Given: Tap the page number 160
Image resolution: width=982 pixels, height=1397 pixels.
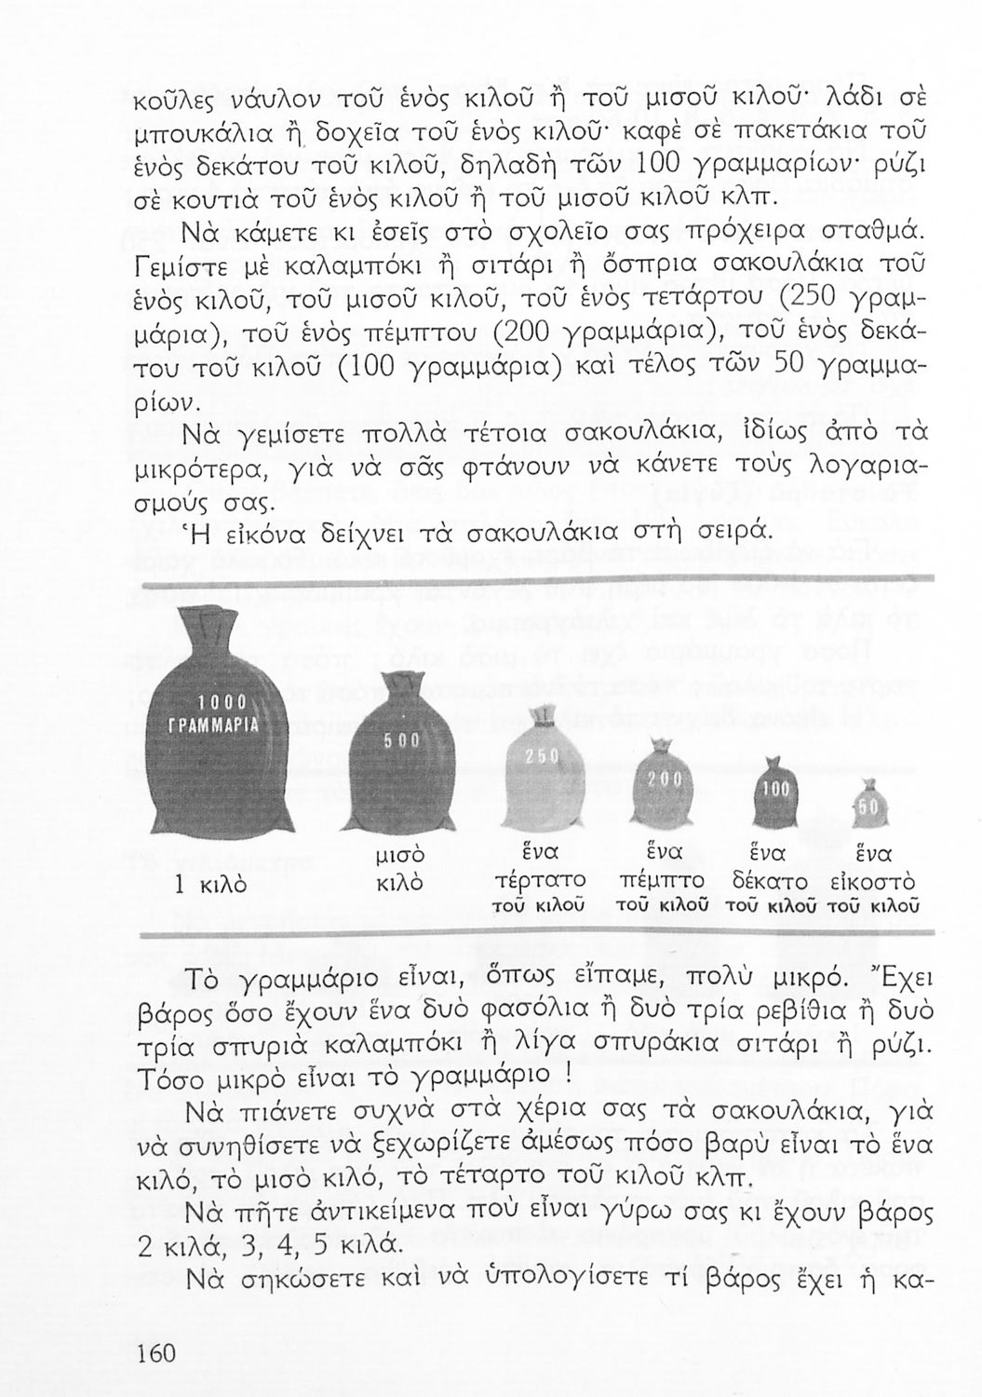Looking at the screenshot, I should [x=155, y=1352].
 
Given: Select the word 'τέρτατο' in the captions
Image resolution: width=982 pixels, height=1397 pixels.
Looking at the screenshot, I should [x=541, y=880].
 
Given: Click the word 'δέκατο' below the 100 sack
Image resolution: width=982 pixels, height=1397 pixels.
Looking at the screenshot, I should [x=770, y=881].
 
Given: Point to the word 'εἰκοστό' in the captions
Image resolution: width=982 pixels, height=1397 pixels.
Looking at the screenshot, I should [x=872, y=881].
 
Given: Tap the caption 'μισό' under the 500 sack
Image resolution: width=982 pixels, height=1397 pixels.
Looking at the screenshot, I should [x=399, y=854].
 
